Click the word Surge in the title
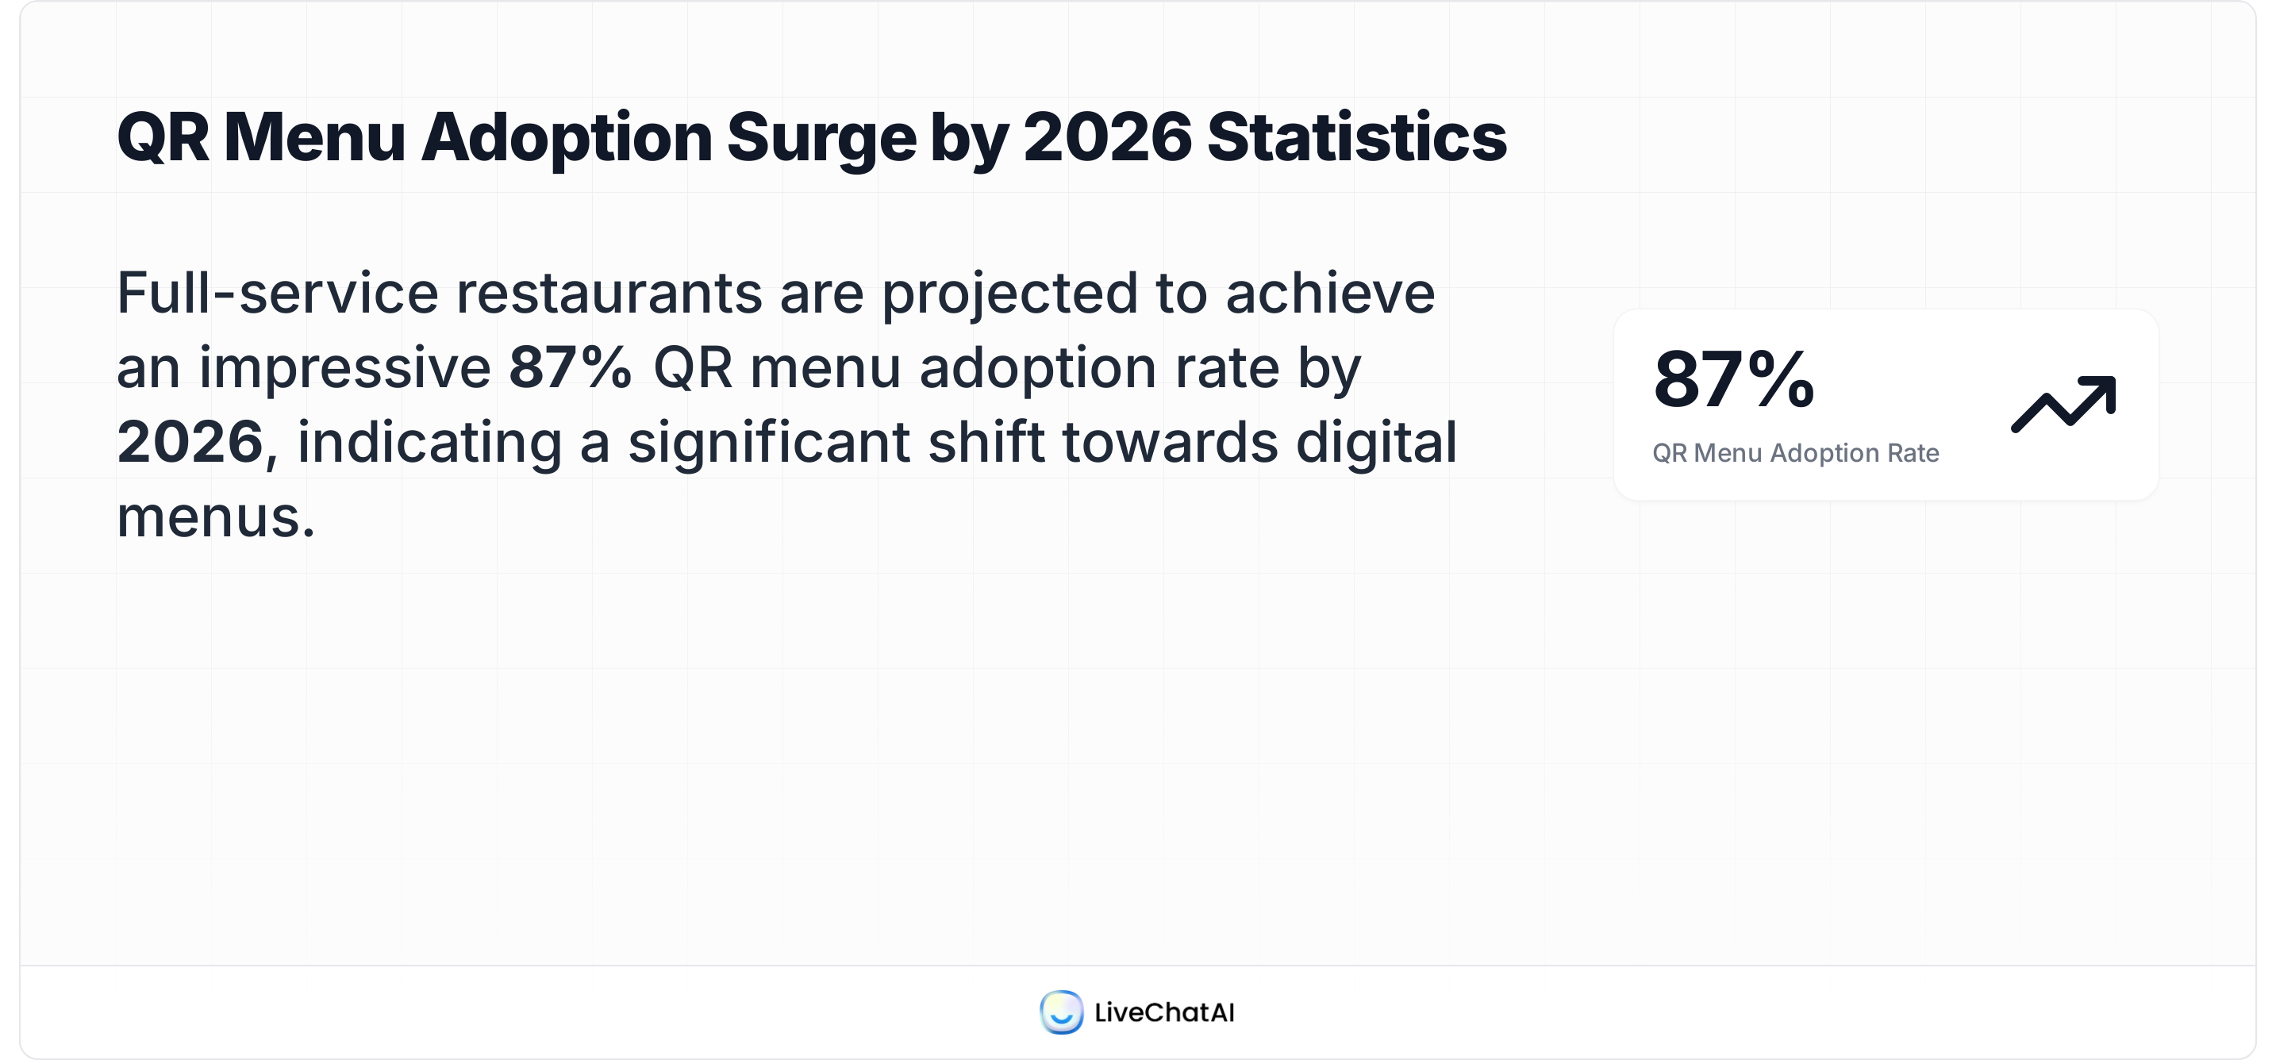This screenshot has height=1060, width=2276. pos(821,139)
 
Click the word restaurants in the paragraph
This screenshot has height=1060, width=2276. pos(609,294)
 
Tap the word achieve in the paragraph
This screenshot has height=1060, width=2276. pos(1330,294)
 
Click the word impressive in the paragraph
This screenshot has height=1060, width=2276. pos(344,367)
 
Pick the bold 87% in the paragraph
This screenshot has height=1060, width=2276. pos(571,367)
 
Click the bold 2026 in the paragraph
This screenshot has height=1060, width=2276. pos(190,442)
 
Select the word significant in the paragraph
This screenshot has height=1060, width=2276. pos(769,444)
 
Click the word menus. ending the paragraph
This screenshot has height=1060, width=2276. pos(216,517)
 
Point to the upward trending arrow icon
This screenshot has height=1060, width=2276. pos(2063,405)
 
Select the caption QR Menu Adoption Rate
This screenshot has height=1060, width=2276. pos(1795,453)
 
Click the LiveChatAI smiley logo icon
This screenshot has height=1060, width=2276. pos(1061,1012)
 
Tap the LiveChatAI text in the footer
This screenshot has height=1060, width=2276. pos(1163,1012)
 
